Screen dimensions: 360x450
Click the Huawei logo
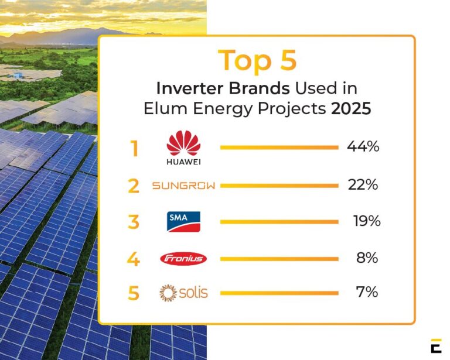pos(183,148)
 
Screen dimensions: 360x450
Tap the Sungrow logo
pos(183,186)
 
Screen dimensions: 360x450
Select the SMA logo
pos(183,221)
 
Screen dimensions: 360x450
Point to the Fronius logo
pos(183,258)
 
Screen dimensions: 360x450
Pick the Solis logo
pos(183,292)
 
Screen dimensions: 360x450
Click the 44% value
pos(363,147)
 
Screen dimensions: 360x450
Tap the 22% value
pos(363,185)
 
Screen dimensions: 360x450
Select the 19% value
pos(366,221)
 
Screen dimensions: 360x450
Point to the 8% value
pos(367,258)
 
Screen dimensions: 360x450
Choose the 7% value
pos(367,292)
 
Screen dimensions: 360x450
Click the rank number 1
pos(134,149)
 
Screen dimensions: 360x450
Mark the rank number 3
pos(134,223)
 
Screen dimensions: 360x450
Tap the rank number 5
pos(134,293)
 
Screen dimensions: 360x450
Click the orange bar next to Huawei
pos(279,148)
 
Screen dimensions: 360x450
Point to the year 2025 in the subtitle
pos(350,109)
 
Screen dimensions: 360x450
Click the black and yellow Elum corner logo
pos(435,345)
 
